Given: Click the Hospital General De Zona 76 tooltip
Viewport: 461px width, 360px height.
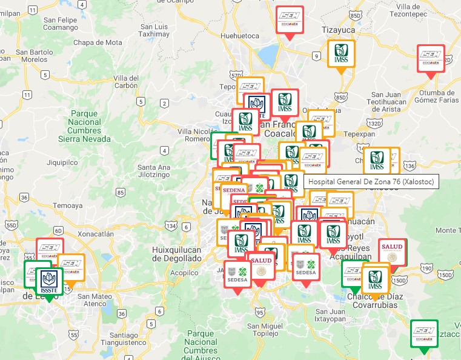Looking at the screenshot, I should (x=371, y=182).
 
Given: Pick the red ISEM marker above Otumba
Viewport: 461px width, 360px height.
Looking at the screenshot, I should (x=431, y=59).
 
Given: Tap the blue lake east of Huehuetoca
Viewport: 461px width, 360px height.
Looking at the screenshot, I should (x=267, y=56).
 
